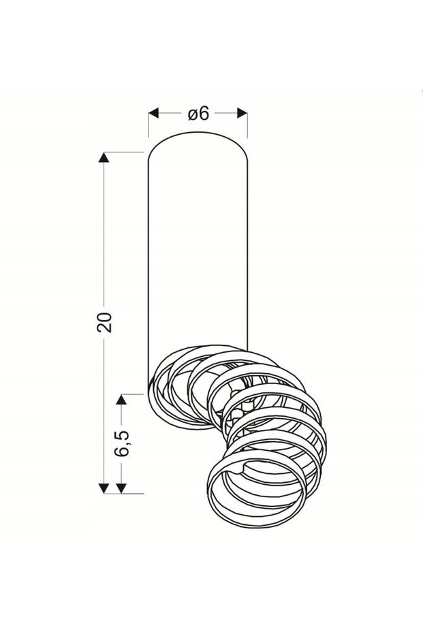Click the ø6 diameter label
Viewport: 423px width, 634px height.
pyautogui.click(x=199, y=114)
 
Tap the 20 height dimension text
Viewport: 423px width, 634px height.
pyautogui.click(x=104, y=322)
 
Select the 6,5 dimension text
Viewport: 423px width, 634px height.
pyautogui.click(x=121, y=443)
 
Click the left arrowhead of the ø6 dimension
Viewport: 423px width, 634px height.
pyautogui.click(x=153, y=113)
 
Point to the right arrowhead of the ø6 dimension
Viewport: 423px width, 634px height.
pyautogui.click(x=242, y=113)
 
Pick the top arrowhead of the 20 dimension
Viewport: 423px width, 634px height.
pyautogui.click(x=104, y=157)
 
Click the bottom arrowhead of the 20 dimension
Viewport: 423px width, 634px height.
pyautogui.click(x=104, y=488)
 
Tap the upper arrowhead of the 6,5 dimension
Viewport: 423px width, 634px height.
pyautogui.click(x=121, y=400)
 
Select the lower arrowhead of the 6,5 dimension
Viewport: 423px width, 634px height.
pyautogui.click(x=121, y=488)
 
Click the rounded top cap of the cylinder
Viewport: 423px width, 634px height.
pyautogui.click(x=198, y=133)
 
